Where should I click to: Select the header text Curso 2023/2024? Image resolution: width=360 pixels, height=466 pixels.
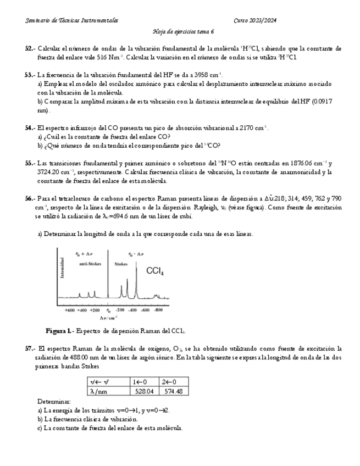(x=255, y=20)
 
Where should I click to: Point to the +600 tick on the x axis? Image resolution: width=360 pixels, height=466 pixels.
(x=70, y=310)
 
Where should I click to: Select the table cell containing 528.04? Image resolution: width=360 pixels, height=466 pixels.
(x=146, y=391)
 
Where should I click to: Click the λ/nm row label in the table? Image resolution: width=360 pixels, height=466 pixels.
(x=99, y=391)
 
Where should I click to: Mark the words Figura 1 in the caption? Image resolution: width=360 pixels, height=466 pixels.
(x=58, y=331)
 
